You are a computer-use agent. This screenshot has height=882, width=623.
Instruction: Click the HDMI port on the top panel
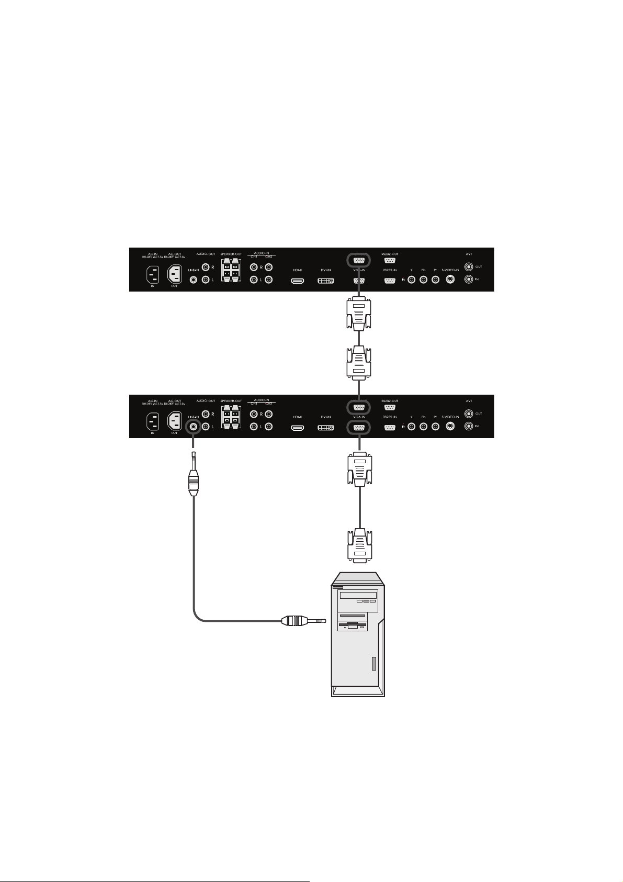click(x=298, y=281)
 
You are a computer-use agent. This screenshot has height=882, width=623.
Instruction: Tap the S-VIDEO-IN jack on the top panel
click(x=449, y=280)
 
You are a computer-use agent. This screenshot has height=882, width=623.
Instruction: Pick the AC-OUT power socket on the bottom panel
click(x=174, y=421)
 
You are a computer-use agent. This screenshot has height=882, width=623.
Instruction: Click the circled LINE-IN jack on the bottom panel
click(x=194, y=427)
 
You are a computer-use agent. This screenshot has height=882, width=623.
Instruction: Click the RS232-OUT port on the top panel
click(x=389, y=260)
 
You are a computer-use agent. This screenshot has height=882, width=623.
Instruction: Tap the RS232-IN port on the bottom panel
click(x=389, y=427)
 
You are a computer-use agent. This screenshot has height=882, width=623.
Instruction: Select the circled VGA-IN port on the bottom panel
click(x=359, y=427)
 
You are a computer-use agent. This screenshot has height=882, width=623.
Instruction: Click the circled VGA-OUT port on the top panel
click(x=359, y=260)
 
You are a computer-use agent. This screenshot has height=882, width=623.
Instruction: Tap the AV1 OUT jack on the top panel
click(x=468, y=266)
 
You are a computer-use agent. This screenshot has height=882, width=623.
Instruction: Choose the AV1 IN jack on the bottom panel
click(x=468, y=426)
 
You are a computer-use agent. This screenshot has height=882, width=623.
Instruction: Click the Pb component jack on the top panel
click(x=423, y=280)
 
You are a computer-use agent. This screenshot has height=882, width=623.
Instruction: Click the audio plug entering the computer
click(x=303, y=621)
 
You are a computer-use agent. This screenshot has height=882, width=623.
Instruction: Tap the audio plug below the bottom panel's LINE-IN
click(x=194, y=482)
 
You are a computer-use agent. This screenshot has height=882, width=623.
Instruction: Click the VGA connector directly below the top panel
click(x=358, y=314)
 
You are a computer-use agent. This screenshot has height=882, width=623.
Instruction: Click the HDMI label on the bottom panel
click(x=297, y=417)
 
